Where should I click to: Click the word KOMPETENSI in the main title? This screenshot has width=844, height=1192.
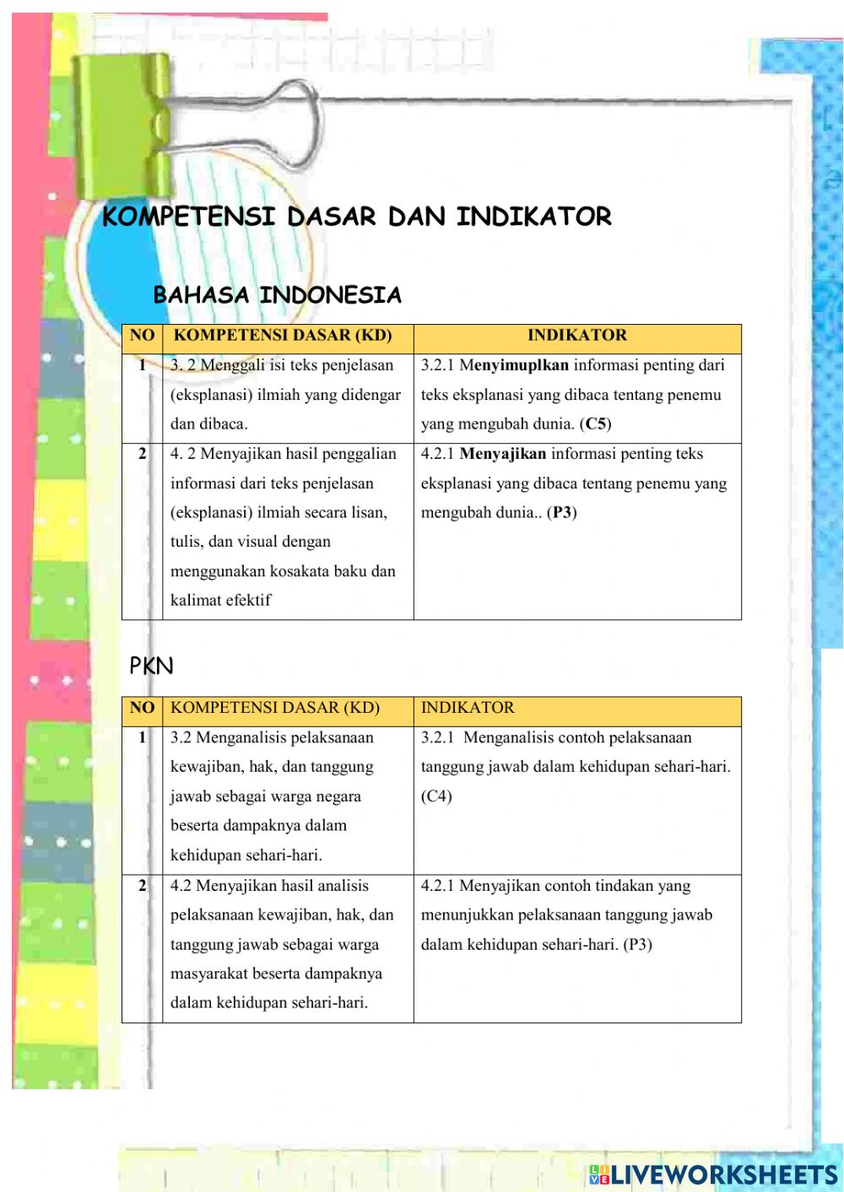(x=188, y=217)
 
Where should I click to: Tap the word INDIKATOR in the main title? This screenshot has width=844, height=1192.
(x=533, y=217)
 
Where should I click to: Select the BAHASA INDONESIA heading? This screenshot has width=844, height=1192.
(x=277, y=295)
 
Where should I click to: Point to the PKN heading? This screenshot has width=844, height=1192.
(x=151, y=666)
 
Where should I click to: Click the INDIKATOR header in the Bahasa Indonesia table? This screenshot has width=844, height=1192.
(x=577, y=336)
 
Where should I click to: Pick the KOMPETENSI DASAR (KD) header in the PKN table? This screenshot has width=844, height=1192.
(x=275, y=708)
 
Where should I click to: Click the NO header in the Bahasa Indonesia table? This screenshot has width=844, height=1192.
(x=142, y=336)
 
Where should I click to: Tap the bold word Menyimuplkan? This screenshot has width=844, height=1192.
(x=514, y=365)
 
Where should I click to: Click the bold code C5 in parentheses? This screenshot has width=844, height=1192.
(x=596, y=424)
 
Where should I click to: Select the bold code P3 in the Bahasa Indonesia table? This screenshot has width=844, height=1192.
(x=562, y=513)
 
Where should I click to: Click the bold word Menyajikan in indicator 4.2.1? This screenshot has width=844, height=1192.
(x=503, y=454)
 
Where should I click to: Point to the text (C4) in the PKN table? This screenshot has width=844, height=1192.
(x=436, y=796)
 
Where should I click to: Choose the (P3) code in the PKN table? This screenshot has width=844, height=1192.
(x=637, y=945)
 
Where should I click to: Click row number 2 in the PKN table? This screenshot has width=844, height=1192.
(x=142, y=886)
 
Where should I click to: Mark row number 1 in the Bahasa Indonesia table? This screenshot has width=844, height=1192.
(x=142, y=365)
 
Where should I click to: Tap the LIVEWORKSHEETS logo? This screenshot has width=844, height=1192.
(x=714, y=1174)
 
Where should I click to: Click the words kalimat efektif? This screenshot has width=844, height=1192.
(x=221, y=601)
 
